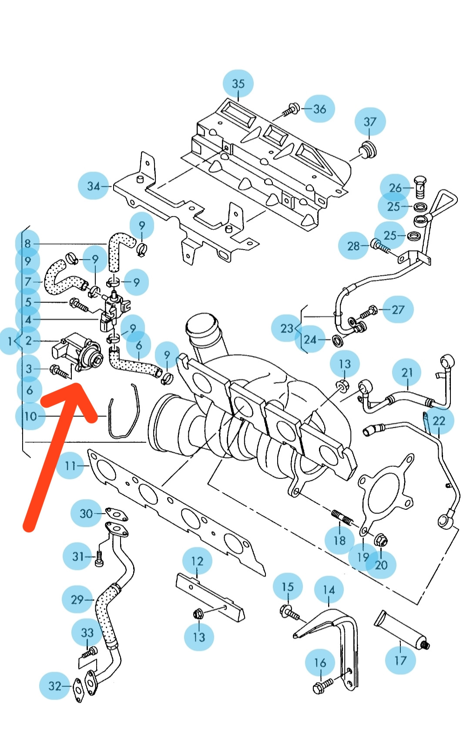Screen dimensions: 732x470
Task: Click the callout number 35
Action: click(238, 83)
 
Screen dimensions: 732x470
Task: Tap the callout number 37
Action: click(369, 122)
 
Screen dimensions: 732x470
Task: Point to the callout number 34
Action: click(94, 186)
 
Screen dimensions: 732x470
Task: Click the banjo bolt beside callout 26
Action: click(420, 186)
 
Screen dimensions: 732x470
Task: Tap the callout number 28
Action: click(353, 246)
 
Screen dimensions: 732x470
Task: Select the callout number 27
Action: click(398, 309)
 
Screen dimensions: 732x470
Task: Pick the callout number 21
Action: click(407, 373)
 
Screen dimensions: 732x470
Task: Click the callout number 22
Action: click(439, 420)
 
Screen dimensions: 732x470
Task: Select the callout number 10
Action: click(30, 416)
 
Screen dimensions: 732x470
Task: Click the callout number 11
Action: click(70, 466)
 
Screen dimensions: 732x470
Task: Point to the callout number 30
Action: click(86, 513)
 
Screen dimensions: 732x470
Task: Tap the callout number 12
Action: click(197, 561)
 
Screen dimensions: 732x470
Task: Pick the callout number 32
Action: click(54, 686)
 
